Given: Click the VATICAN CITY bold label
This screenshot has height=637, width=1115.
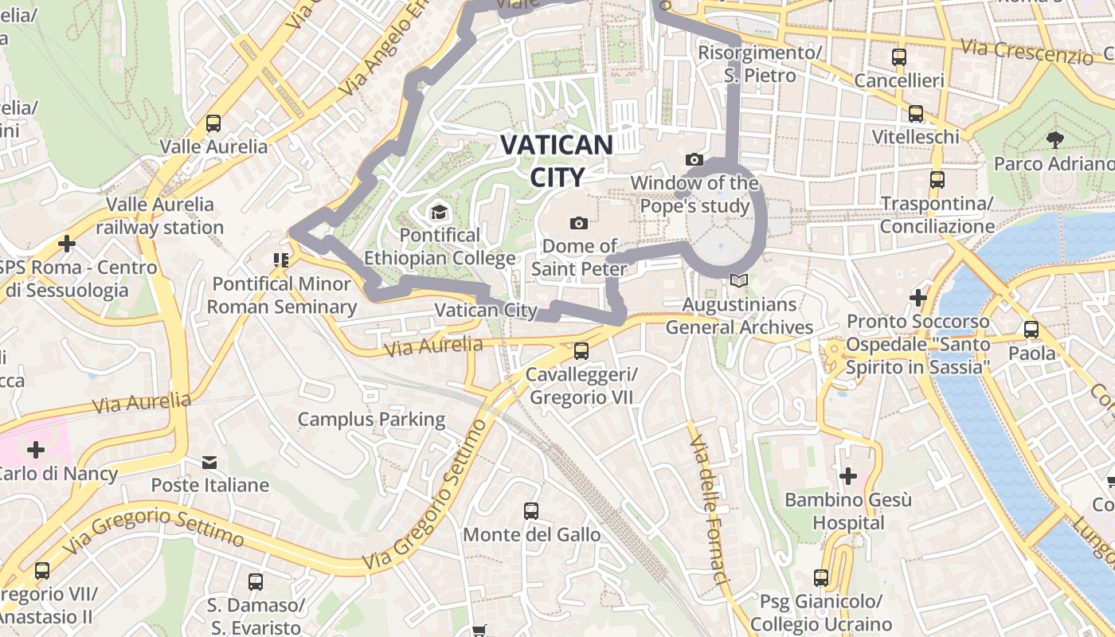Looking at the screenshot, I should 557,160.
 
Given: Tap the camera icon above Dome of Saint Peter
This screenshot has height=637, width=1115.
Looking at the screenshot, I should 579,223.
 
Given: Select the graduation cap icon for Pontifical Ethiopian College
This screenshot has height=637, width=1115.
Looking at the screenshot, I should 438,212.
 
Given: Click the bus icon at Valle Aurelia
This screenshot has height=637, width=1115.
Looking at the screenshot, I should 213,123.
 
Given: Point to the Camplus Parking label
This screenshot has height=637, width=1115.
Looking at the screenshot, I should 371,419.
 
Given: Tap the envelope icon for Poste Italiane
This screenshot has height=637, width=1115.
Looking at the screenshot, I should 209,462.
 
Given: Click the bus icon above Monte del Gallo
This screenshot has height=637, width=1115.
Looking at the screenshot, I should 530,511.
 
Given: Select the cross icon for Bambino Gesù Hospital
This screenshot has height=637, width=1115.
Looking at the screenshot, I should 847,476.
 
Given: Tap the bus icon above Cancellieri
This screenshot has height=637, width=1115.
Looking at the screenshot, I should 899,57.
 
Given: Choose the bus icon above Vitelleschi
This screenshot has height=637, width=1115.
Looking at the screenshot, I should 916,114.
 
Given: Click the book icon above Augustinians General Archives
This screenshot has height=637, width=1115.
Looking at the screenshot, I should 739,281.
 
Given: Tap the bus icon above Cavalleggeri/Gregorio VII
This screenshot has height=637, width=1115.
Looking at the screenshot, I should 581,351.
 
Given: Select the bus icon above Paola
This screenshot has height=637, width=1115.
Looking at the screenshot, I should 1031,329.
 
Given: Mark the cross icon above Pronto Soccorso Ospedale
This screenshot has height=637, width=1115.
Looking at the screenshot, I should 918,298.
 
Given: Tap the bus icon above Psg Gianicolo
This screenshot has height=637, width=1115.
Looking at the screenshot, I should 821,578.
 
